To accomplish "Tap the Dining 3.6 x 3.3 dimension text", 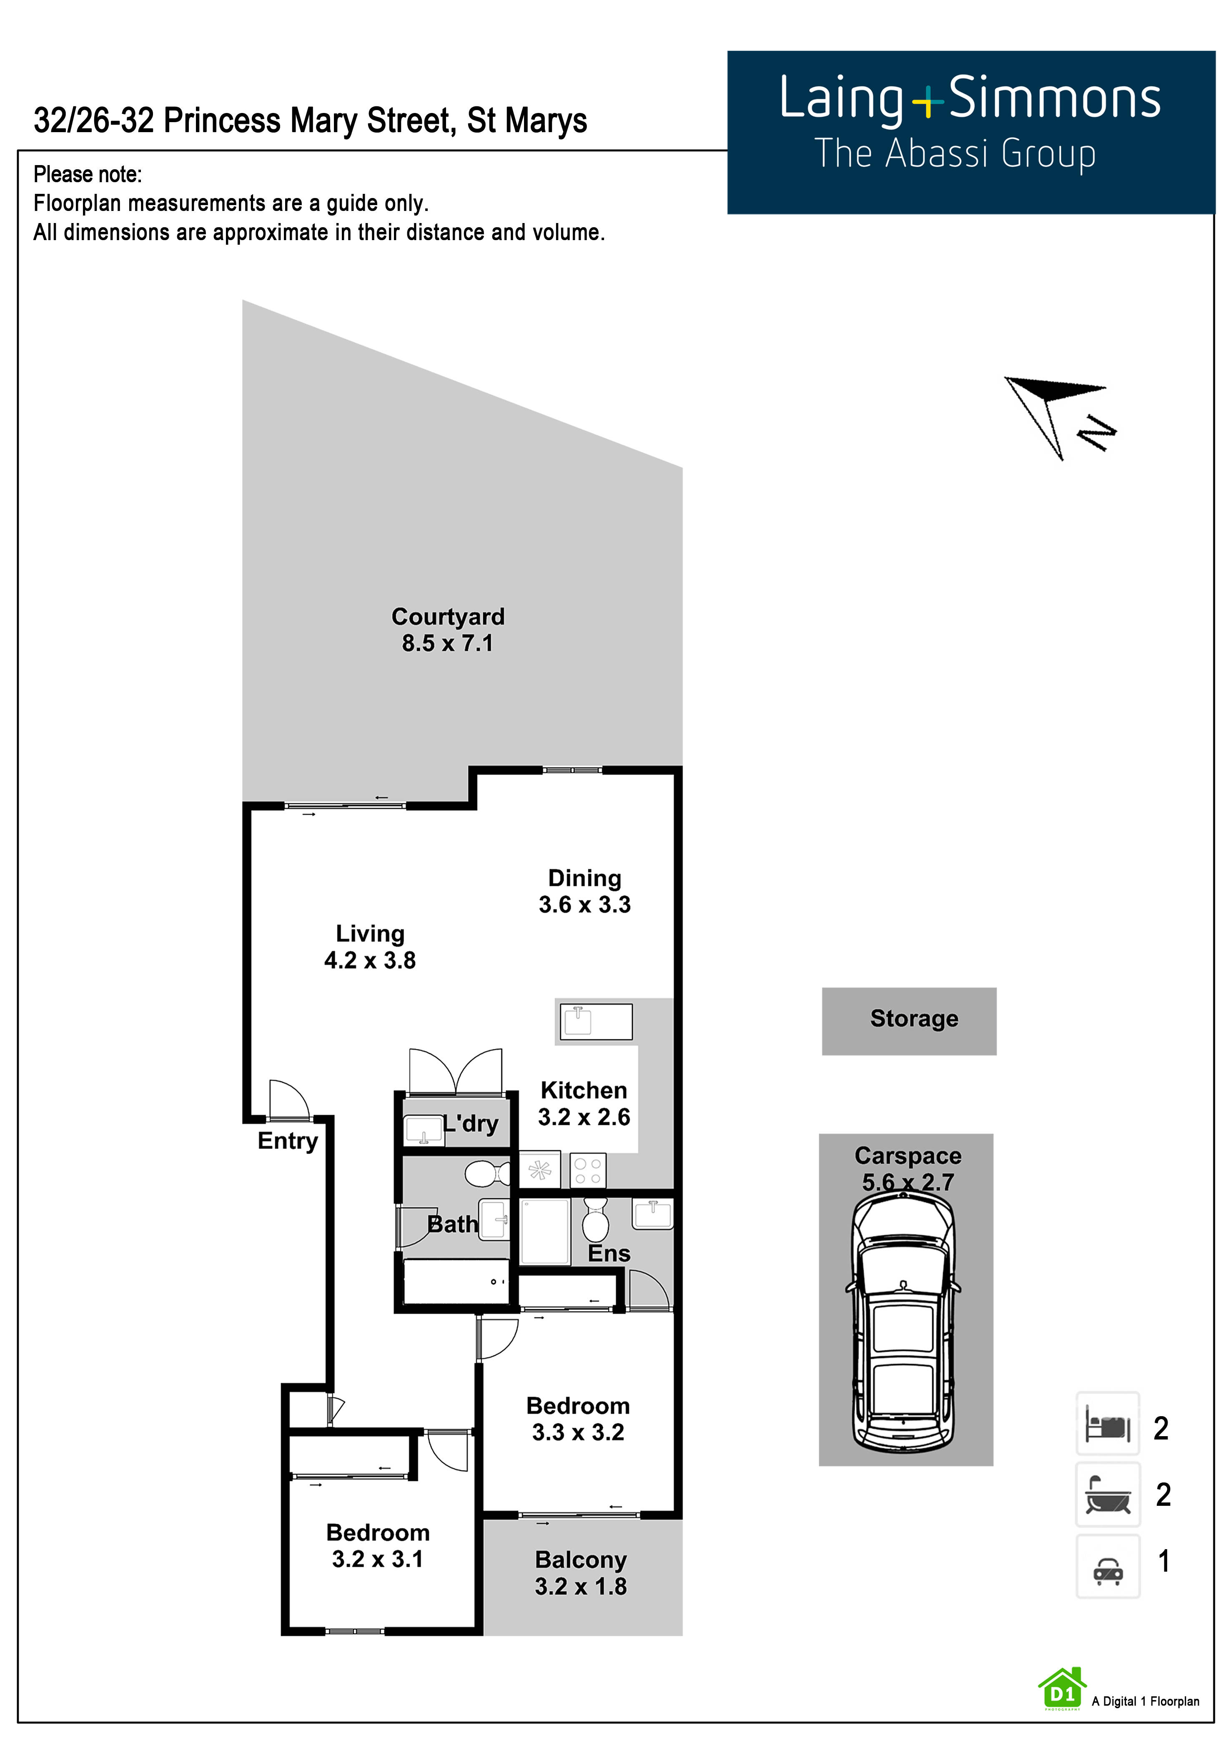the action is click(x=584, y=904).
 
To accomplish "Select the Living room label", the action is click(x=370, y=934).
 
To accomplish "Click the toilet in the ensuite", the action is click(x=595, y=1217).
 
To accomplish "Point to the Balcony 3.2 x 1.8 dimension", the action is click(x=581, y=1586).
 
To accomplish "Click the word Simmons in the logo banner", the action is click(x=1054, y=98).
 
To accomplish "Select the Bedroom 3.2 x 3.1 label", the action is click(x=378, y=1545).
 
